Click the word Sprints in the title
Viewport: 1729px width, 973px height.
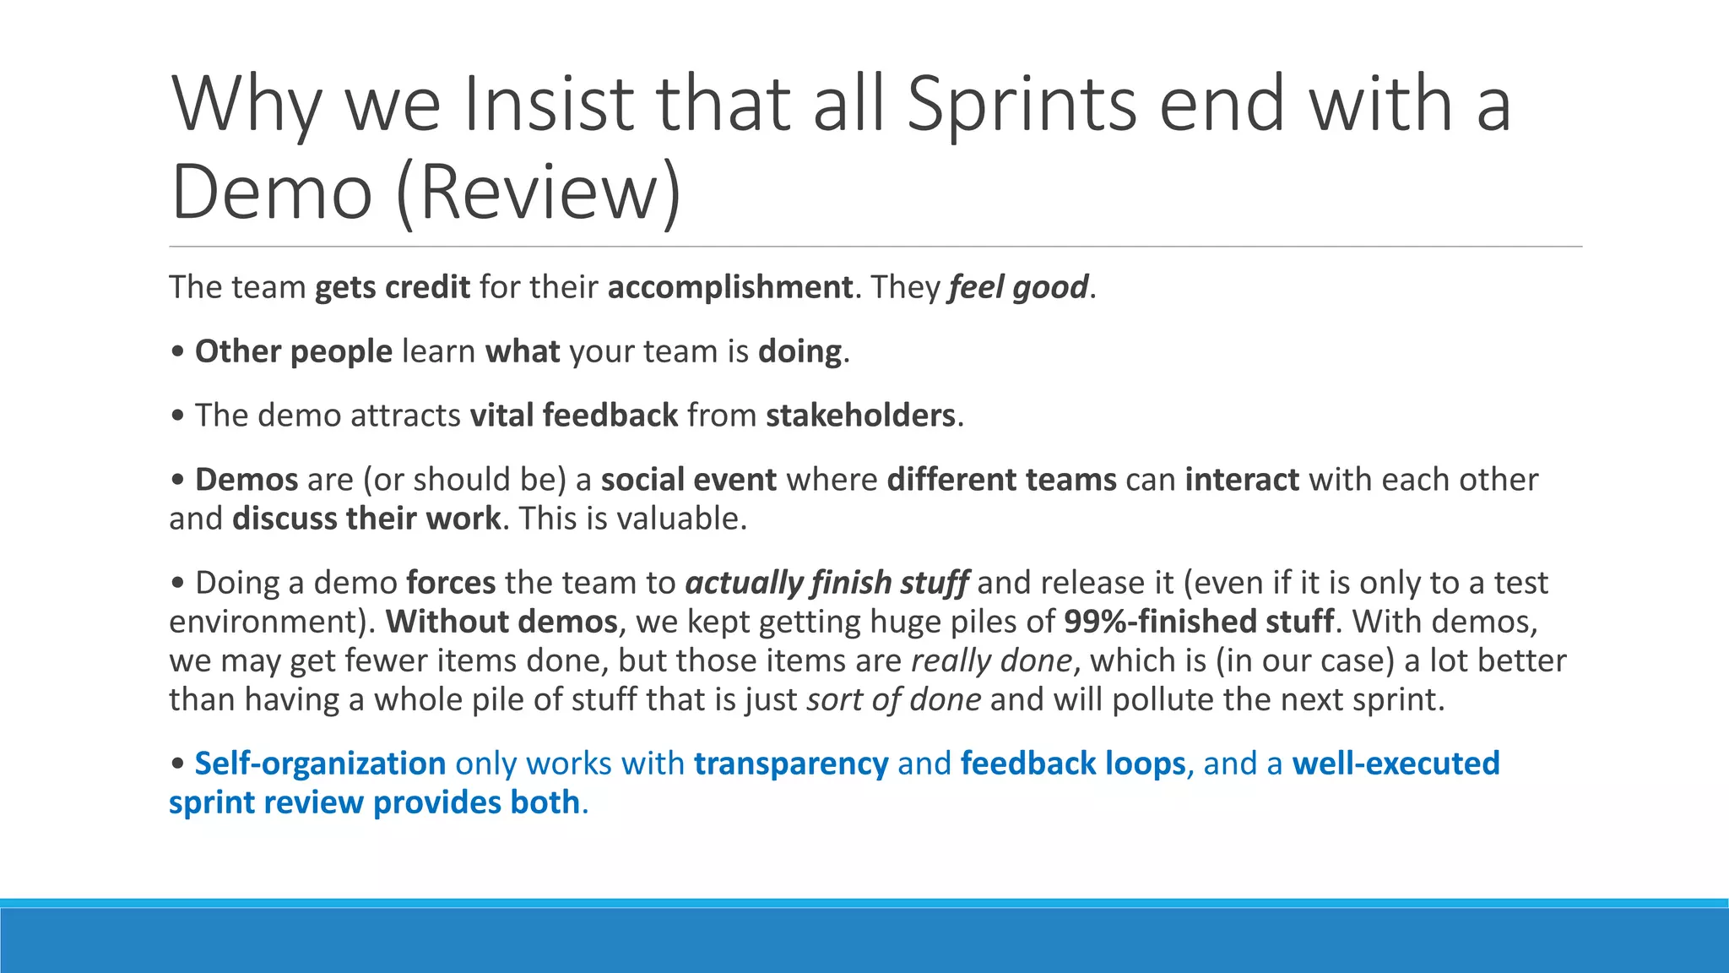pyautogui.click(x=1022, y=105)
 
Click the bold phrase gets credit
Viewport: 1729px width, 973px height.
pyautogui.click(x=392, y=288)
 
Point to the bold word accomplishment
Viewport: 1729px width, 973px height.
pyautogui.click(x=730, y=288)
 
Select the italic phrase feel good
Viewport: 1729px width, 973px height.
pyautogui.click(x=1018, y=288)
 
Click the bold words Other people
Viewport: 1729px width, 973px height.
pyautogui.click(x=293, y=351)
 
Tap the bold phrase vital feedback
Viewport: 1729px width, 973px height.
pyautogui.click(x=574, y=416)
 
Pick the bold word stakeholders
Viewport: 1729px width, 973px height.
pyautogui.click(x=860, y=416)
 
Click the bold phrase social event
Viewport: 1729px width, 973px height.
pyautogui.click(x=689, y=480)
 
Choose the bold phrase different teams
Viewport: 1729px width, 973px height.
pyautogui.click(x=1002, y=480)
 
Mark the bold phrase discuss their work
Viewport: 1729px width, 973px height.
pyautogui.click(x=366, y=519)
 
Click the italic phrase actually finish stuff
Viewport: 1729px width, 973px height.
pyautogui.click(x=827, y=583)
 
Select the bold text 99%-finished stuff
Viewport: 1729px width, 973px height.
pyautogui.click(x=1199, y=622)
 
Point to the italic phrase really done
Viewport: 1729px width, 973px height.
pyautogui.click(x=991, y=660)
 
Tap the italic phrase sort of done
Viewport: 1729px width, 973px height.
pyautogui.click(x=893, y=699)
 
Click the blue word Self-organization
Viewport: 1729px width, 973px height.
pyautogui.click(x=320, y=764)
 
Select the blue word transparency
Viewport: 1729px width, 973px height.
pyautogui.click(x=791, y=764)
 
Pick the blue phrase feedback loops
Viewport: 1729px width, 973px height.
pyautogui.click(x=1073, y=764)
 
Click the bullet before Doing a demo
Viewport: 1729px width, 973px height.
pyautogui.click(x=177, y=584)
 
